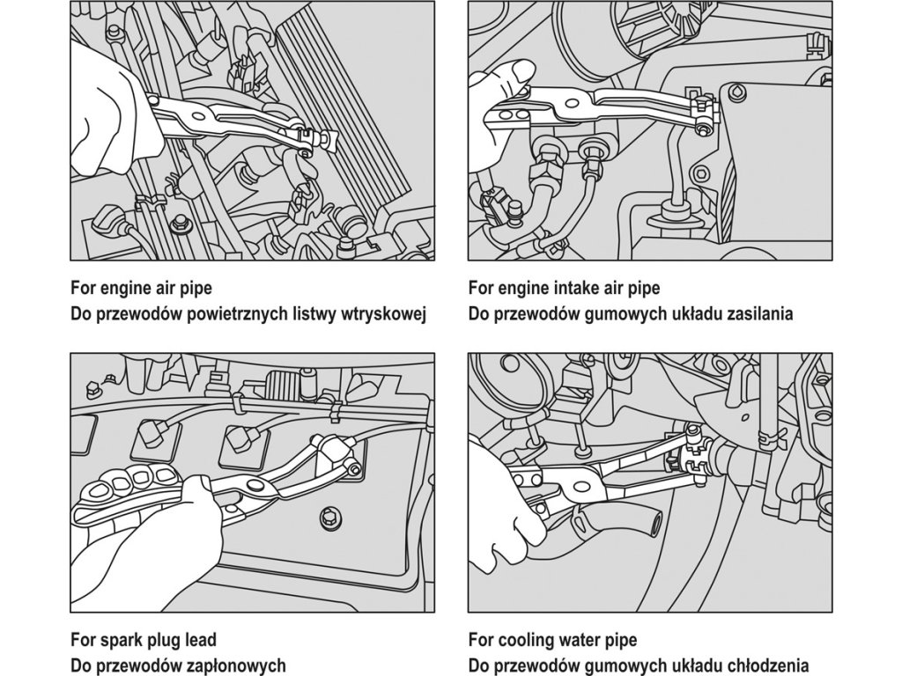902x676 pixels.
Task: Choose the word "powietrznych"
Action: click(x=216, y=314)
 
